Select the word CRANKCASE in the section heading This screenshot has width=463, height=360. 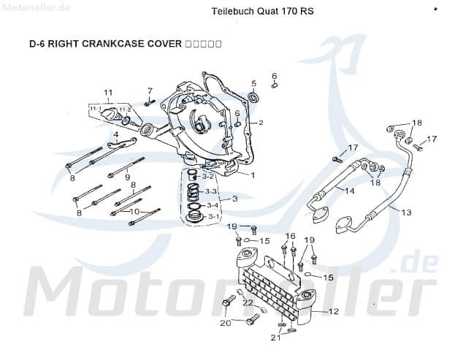[x=114, y=45]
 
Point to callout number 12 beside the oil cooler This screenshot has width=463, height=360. [x=334, y=311]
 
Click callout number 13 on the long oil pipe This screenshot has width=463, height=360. [x=406, y=212]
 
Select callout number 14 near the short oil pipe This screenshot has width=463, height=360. [x=349, y=191]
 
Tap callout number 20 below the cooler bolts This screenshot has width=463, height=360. [x=225, y=322]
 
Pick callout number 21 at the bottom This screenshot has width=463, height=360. [x=275, y=337]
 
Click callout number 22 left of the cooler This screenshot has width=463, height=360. [x=248, y=302]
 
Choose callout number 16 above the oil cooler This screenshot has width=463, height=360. [x=290, y=236]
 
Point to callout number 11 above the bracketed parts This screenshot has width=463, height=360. [x=108, y=93]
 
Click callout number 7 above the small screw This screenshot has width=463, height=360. [x=150, y=91]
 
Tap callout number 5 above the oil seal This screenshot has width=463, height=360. [x=253, y=84]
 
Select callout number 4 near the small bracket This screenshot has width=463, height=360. [x=115, y=134]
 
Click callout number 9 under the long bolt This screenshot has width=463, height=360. [x=127, y=177]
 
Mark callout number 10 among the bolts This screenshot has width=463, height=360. [x=134, y=211]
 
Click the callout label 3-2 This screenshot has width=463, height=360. [x=208, y=176]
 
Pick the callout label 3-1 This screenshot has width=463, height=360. [x=213, y=217]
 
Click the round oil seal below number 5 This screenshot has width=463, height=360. [x=253, y=98]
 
